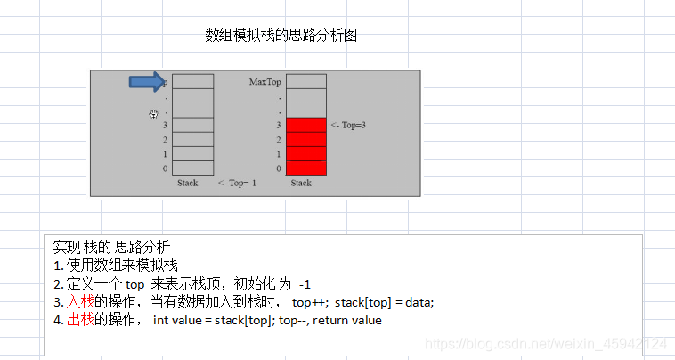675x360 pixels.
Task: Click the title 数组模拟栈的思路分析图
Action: coord(281,36)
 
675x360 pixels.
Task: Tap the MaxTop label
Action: coord(265,82)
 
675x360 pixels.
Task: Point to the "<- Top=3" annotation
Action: coord(347,126)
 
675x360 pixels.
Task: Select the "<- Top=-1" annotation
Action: coord(237,183)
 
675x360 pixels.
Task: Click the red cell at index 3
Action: coord(306,125)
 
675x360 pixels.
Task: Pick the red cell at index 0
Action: coord(306,168)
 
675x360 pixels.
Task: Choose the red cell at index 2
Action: coord(306,140)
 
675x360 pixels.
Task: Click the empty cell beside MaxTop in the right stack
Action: coord(306,81)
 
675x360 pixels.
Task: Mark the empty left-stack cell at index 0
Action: coord(193,168)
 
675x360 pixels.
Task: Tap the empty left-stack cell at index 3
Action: coord(193,125)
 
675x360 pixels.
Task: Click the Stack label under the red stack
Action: coord(301,183)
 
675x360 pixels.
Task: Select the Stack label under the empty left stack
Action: coord(187,183)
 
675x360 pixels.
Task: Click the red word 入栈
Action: coord(80,302)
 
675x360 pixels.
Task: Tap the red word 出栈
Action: coord(80,320)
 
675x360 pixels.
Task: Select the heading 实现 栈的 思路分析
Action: coord(112,247)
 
